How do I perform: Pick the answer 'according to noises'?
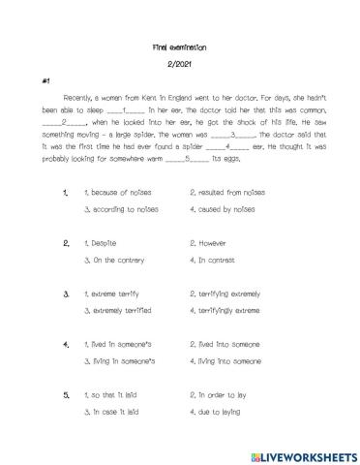coord(120,209)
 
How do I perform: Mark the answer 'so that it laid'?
coord(114,395)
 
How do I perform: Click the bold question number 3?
coord(66,294)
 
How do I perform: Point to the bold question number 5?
coord(66,395)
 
